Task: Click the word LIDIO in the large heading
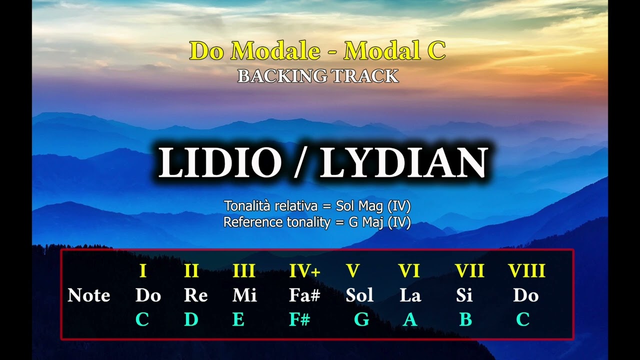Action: (x=220, y=163)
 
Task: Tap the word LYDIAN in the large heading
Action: (x=403, y=163)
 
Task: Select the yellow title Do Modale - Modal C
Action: (x=317, y=51)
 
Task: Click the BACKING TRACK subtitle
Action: (x=317, y=76)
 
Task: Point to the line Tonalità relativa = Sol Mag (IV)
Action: (x=317, y=205)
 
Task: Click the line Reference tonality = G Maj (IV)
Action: (x=317, y=222)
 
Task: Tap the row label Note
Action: (x=89, y=295)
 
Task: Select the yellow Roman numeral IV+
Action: (x=304, y=271)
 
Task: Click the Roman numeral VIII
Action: (x=526, y=271)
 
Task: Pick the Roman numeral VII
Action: (x=469, y=271)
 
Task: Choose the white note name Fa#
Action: (x=304, y=295)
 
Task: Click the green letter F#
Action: (x=299, y=319)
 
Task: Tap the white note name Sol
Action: (x=359, y=295)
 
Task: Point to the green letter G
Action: (x=361, y=319)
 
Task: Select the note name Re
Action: (x=195, y=295)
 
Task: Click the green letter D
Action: (x=191, y=319)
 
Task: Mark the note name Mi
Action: (x=244, y=295)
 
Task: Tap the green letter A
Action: (x=410, y=319)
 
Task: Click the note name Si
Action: (x=464, y=295)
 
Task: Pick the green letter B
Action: (x=465, y=319)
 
